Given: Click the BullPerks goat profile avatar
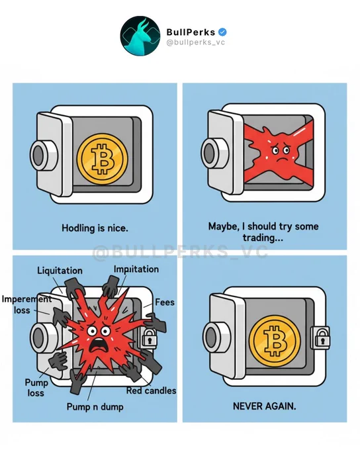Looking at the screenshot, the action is [x=140, y=36].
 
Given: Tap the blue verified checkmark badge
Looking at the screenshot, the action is [x=222, y=32].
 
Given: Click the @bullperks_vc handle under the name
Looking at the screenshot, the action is [x=195, y=42].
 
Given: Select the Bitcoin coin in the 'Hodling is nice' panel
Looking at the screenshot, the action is [x=102, y=159].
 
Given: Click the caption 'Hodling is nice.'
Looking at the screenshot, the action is [x=95, y=228].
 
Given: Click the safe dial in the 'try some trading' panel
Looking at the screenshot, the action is [x=214, y=152].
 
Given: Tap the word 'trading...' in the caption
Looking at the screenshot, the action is [x=263, y=238].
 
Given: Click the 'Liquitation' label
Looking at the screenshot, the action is [x=60, y=271].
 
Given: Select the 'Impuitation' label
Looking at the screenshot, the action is [x=136, y=269].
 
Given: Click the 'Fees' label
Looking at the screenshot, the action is [x=165, y=302].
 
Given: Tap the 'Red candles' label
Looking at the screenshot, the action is [x=152, y=390].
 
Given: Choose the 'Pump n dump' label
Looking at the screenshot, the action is [x=95, y=407].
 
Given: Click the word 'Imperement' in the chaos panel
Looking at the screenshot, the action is [x=26, y=299].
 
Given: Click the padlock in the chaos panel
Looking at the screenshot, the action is [x=149, y=337].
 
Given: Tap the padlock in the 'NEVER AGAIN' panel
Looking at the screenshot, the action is [x=322, y=336].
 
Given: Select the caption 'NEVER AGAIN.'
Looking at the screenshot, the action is [x=265, y=406].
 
